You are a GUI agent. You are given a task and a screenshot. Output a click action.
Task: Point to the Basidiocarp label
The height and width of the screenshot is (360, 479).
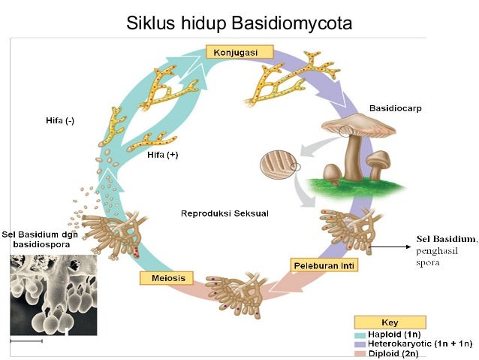pyautogui.click(x=395, y=108)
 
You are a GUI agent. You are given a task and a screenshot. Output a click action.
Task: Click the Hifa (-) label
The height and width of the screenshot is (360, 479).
pyautogui.click(x=60, y=120)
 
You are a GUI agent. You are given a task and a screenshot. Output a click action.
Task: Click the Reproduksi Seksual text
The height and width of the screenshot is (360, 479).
pyautogui.click(x=224, y=213)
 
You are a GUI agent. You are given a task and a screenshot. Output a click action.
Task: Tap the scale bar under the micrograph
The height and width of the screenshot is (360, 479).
pyautogui.click(x=26, y=340)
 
